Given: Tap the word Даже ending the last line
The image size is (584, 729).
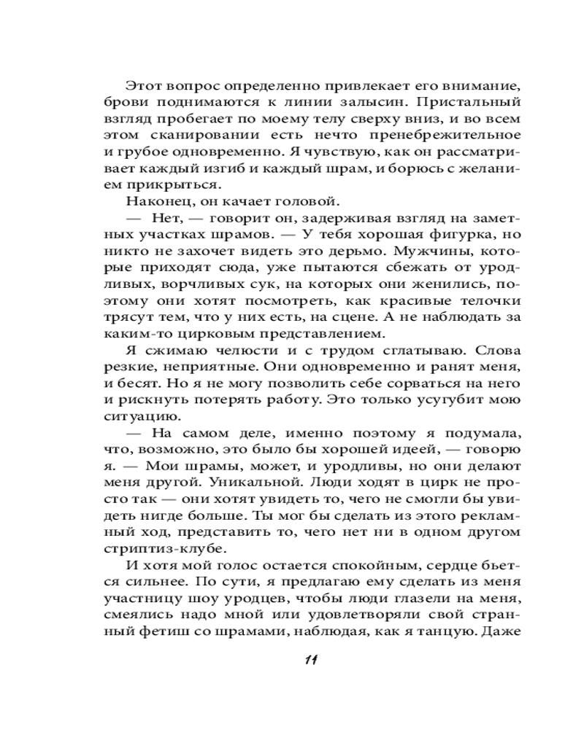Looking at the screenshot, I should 502,631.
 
